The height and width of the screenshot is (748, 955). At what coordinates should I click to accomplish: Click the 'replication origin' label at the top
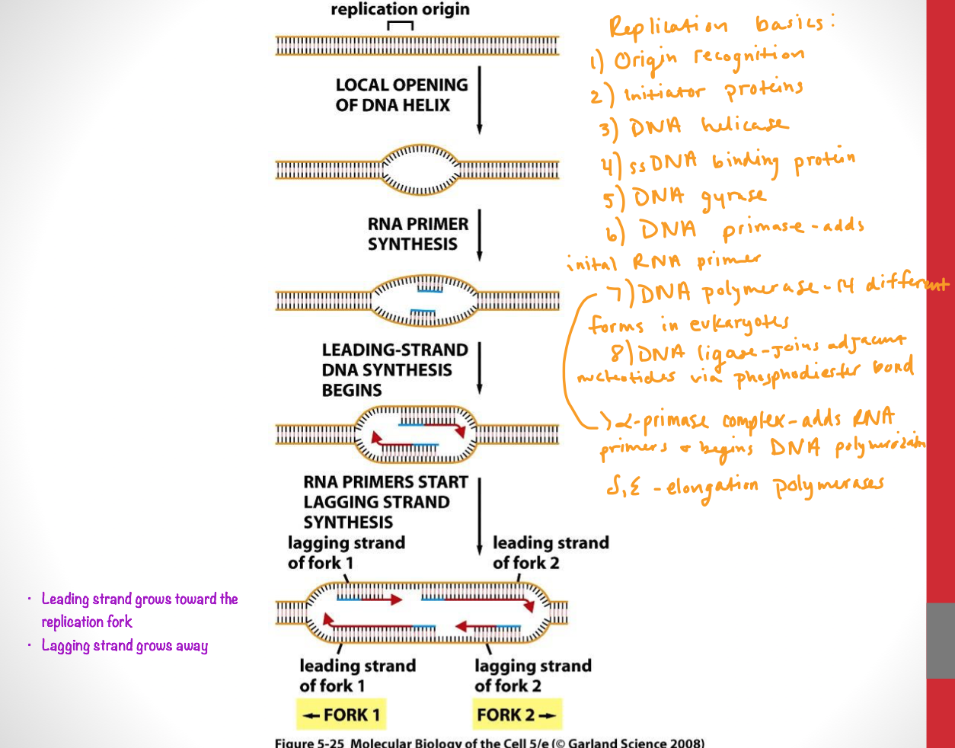[x=400, y=10]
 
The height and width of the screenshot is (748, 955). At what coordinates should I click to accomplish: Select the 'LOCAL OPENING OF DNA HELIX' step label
[x=401, y=95]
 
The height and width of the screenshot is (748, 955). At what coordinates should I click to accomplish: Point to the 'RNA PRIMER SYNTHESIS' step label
[x=417, y=234]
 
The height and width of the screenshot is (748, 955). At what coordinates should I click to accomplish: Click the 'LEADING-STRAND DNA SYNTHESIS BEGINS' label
[x=394, y=370]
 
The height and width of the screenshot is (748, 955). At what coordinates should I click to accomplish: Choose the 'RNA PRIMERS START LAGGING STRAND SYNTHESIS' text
[x=385, y=502]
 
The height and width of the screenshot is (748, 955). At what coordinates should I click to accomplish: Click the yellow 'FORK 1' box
[x=341, y=714]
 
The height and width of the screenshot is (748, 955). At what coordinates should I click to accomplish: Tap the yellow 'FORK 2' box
[x=517, y=714]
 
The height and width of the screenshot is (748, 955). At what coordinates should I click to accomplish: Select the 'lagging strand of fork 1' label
[x=346, y=553]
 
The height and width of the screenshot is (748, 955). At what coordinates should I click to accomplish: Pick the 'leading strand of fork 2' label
[x=550, y=553]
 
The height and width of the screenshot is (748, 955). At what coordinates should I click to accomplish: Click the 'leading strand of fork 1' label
[x=357, y=676]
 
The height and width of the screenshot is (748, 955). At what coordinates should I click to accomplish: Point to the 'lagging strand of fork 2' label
[x=532, y=676]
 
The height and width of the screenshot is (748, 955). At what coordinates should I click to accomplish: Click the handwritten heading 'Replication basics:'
[x=720, y=25]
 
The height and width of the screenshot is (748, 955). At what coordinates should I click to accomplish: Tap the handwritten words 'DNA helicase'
[x=708, y=126]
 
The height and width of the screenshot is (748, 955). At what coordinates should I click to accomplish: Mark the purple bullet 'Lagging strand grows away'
[x=124, y=646]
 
